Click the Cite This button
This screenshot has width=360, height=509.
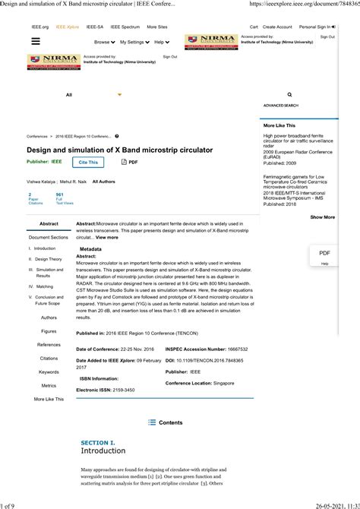click(88, 162)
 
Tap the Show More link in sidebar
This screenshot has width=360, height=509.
click(322, 217)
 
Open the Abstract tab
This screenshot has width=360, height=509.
click(49, 224)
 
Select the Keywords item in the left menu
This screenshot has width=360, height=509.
click(49, 371)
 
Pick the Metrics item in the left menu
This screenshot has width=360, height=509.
click(49, 385)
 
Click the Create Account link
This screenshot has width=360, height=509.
click(277, 27)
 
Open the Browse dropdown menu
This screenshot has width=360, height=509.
click(103, 43)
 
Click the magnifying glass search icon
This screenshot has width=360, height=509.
click(289, 95)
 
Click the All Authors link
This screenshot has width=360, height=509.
click(103, 182)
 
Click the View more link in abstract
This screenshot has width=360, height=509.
click(107, 238)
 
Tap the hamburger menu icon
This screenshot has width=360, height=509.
click(35, 43)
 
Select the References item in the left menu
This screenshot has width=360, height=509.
click(49, 345)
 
